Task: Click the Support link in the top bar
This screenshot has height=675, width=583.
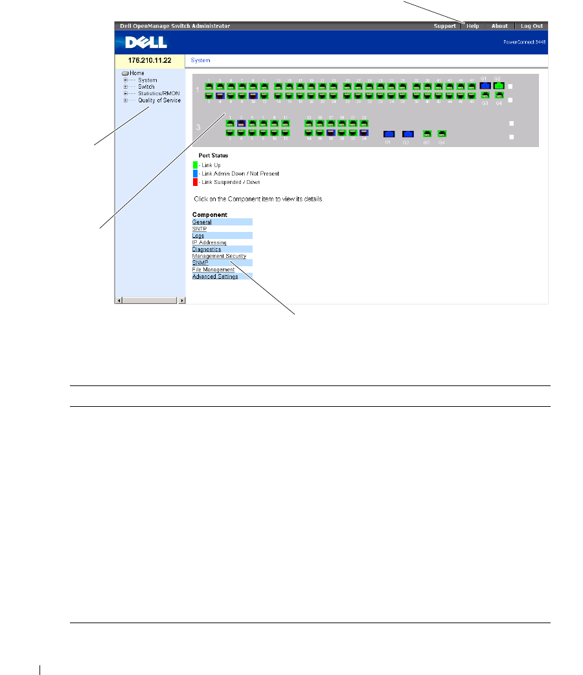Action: pyautogui.click(x=444, y=26)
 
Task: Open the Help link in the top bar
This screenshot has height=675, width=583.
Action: pyautogui.click(x=473, y=26)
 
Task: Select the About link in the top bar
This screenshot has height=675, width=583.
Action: pyautogui.click(x=499, y=26)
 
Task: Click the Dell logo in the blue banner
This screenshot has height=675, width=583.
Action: pyautogui.click(x=146, y=42)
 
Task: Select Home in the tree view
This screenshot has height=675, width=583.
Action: pyautogui.click(x=137, y=73)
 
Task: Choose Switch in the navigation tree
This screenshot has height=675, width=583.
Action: pyautogui.click(x=146, y=87)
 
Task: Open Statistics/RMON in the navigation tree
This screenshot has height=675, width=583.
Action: pyautogui.click(x=159, y=93)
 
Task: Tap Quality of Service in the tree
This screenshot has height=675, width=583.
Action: pyautogui.click(x=159, y=100)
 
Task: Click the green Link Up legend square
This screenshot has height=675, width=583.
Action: pyautogui.click(x=195, y=165)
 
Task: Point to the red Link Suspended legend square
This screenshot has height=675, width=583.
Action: pyautogui.click(x=195, y=182)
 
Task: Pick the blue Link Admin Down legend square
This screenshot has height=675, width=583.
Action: pyautogui.click(x=195, y=174)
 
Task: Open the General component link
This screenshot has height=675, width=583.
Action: pyautogui.click(x=202, y=222)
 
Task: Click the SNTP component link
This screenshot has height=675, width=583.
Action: pyautogui.click(x=200, y=229)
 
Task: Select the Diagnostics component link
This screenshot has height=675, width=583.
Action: pyautogui.click(x=207, y=249)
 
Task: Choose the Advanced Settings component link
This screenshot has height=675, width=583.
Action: pyautogui.click(x=215, y=277)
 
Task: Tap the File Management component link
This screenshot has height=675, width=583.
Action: pyautogui.click(x=213, y=269)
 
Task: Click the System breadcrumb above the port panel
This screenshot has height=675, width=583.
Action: pyautogui.click(x=201, y=60)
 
